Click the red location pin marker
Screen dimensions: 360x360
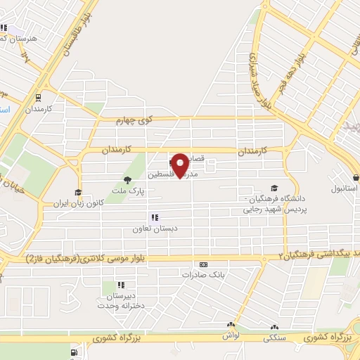(181, 165)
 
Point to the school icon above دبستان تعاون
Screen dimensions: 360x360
(154, 217)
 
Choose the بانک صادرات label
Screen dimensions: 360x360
(203, 274)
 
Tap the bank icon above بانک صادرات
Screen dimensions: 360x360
(204, 264)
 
